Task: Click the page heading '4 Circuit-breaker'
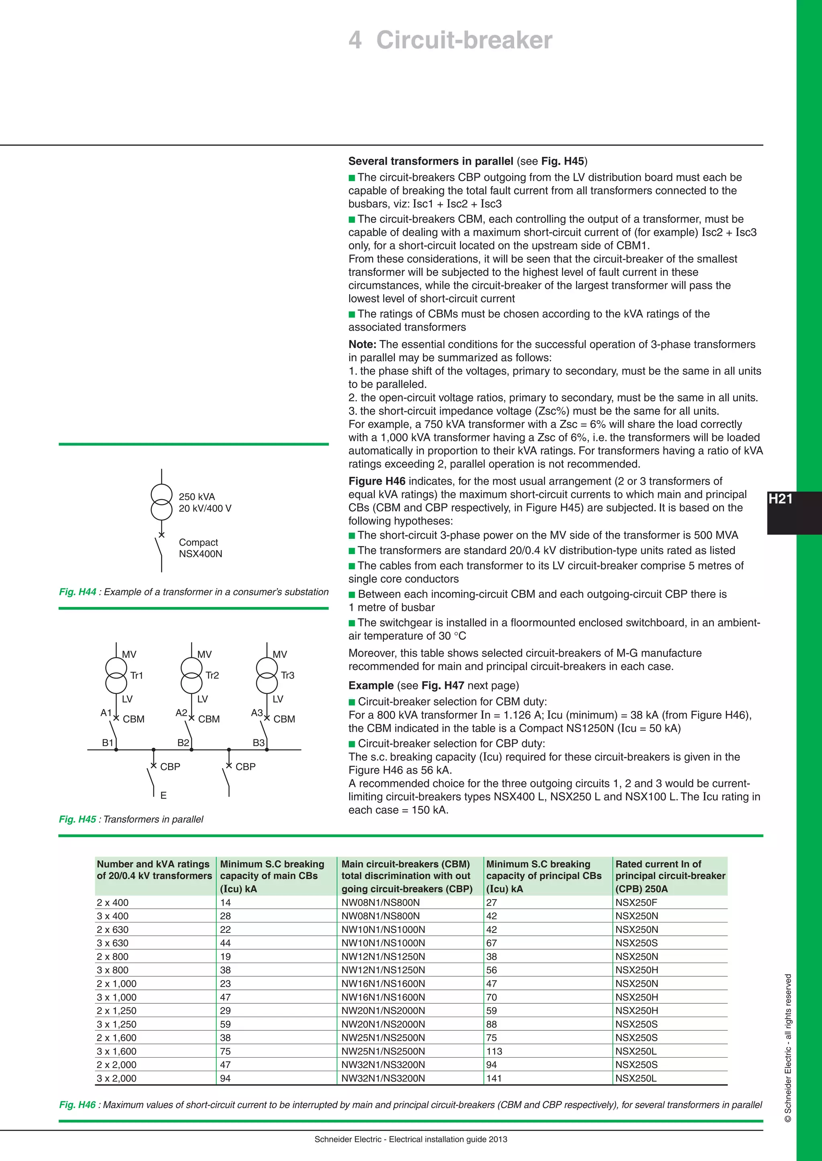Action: [x=450, y=40]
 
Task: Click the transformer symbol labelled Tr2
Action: [x=191, y=675]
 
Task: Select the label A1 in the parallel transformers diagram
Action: [x=106, y=712]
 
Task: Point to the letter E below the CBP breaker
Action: [x=163, y=795]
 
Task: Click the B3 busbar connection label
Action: [x=258, y=742]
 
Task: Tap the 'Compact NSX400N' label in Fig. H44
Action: [x=200, y=548]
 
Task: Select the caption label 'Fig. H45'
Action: [x=77, y=819]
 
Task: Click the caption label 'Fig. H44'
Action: [x=77, y=592]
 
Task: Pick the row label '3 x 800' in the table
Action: [x=112, y=970]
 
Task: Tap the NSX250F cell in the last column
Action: [x=636, y=902]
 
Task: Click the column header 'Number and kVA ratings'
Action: [x=153, y=864]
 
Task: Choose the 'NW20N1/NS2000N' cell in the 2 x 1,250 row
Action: [x=383, y=1010]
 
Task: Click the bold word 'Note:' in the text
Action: [x=362, y=344]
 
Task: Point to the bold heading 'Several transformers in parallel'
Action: [x=431, y=161]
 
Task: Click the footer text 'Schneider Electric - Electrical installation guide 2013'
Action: [x=411, y=1139]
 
